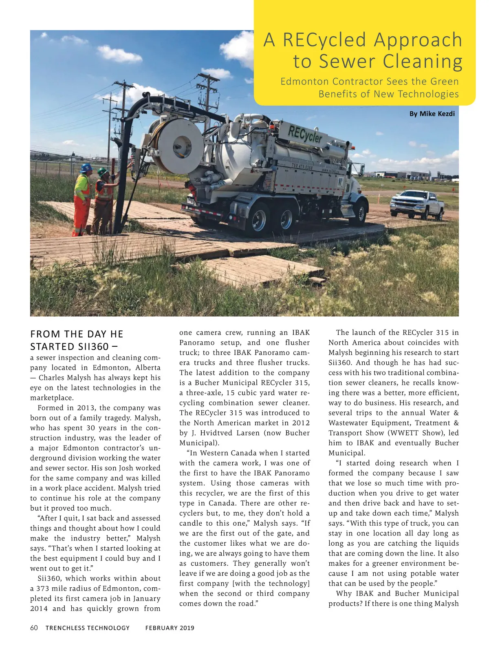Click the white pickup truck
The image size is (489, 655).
pos(417,204)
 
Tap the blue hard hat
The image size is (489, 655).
pos(86,168)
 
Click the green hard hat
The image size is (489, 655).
pos(103,172)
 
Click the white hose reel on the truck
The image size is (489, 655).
pos(179,145)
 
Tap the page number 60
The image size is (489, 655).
pos(34,628)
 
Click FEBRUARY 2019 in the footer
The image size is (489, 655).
pos(170,628)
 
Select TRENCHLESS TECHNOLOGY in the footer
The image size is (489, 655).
pos(87,628)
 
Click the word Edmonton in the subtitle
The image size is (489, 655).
pos(304,82)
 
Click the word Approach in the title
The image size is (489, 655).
pos(418,40)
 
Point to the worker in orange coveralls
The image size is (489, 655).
pos(82,200)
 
